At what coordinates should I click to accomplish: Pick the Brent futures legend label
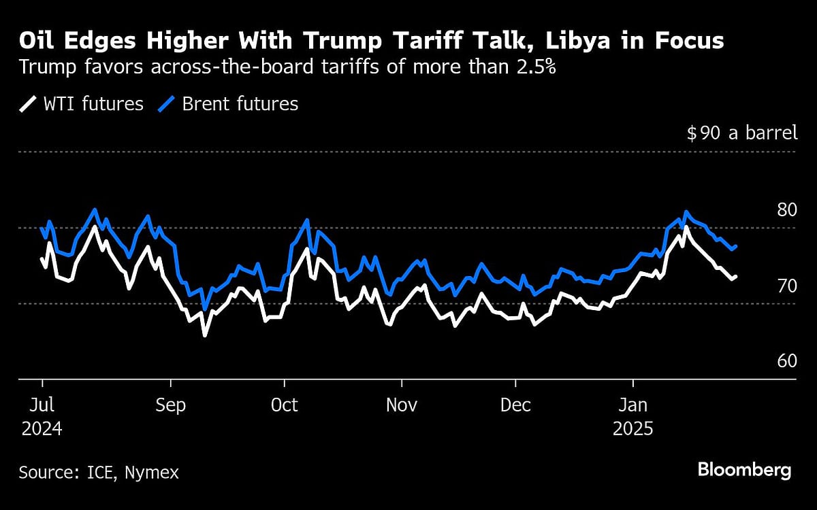240,104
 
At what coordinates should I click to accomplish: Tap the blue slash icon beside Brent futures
167,104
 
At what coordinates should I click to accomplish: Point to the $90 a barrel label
741,133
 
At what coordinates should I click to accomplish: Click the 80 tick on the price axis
786,209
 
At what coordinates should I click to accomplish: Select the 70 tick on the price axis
786,286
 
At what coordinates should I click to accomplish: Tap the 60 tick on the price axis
786,361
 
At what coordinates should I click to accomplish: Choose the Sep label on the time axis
170,405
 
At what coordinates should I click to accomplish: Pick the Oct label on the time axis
284,405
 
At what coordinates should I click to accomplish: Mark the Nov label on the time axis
402,405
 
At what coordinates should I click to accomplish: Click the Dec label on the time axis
515,405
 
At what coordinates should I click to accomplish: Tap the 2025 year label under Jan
633,430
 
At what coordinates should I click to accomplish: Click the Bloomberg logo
744,470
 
